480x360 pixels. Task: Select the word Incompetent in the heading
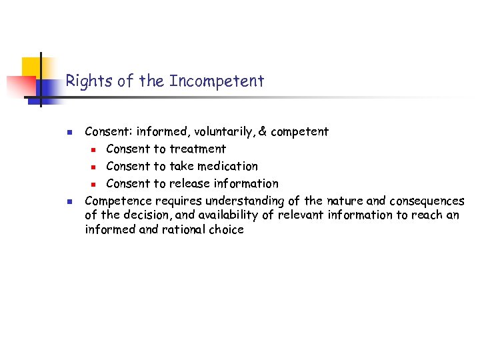click(217, 81)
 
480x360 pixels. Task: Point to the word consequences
click(427, 201)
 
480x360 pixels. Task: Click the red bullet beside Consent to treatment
click(95, 149)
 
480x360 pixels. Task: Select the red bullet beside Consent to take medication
click(95, 167)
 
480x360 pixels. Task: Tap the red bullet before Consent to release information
click(95, 184)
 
